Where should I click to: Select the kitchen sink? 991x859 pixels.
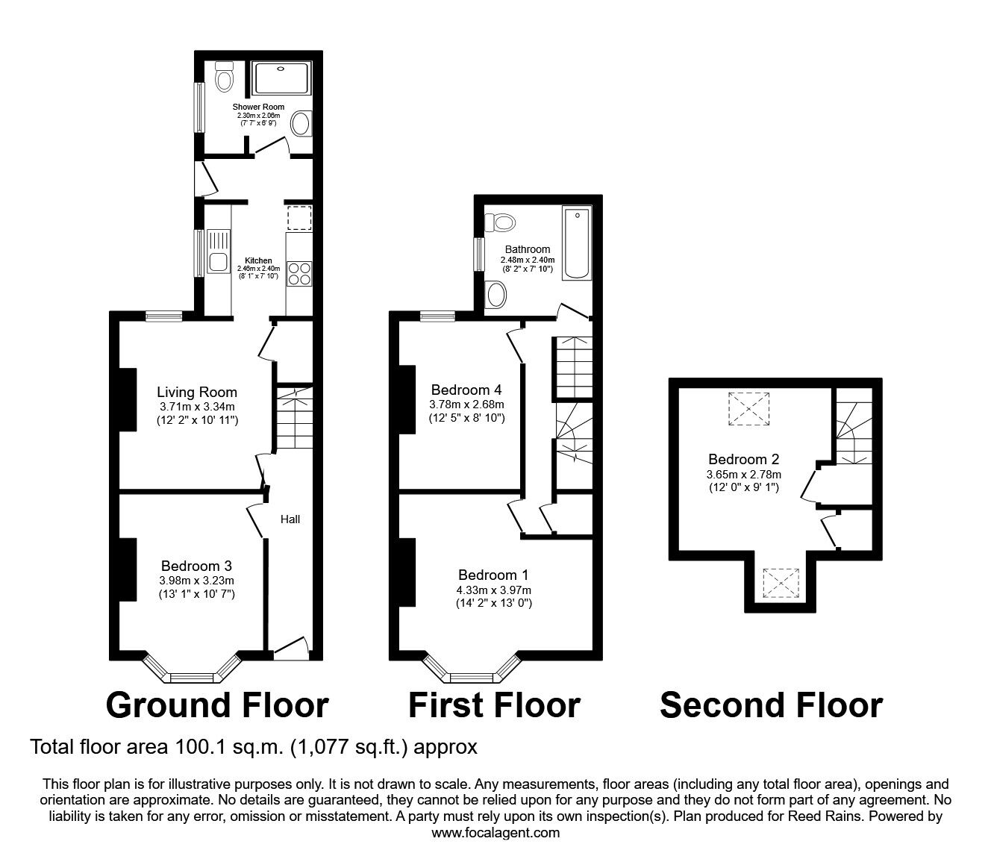[219, 262]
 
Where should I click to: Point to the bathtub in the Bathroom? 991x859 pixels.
[576, 244]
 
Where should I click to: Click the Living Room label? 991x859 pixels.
[197, 392]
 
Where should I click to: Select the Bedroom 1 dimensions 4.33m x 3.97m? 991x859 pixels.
[493, 590]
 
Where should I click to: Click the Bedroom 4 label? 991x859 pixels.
[466, 390]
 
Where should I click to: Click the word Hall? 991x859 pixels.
[290, 519]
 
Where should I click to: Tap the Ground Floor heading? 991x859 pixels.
[217, 705]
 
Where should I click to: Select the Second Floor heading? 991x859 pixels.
[771, 705]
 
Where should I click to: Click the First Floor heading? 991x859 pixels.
[494, 705]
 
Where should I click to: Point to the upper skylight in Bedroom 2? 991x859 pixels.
[747, 408]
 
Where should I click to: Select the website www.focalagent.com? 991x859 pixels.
[495, 833]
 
